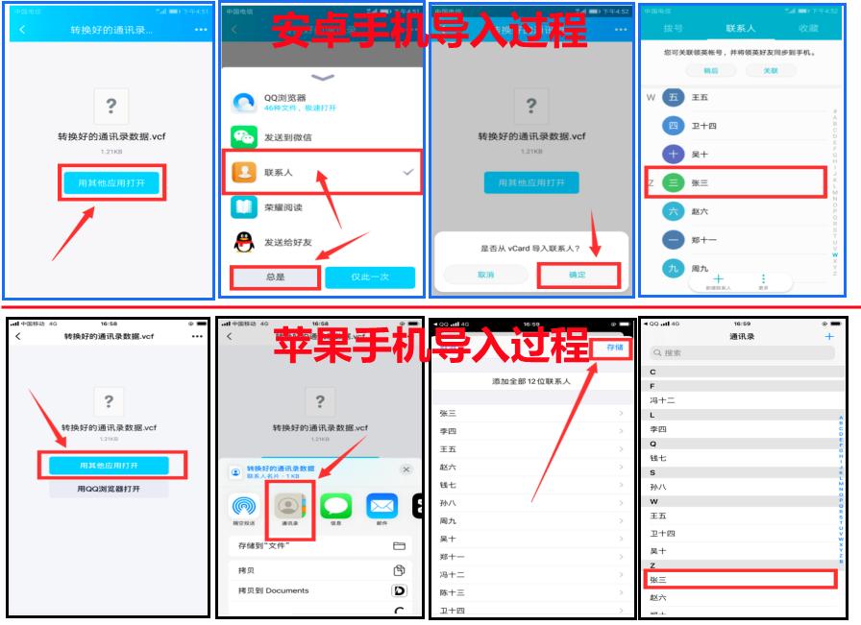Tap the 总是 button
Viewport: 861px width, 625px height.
coord(275,276)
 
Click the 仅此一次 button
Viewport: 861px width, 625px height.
coord(370,276)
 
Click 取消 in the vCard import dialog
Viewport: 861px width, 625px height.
coord(485,275)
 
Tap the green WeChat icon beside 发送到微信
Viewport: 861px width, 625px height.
coord(244,137)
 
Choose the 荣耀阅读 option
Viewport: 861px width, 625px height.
coord(283,207)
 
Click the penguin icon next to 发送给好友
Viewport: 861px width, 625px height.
coord(244,242)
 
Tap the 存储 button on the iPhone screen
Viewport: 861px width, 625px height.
coord(614,348)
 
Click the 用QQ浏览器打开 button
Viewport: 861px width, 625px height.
coord(109,489)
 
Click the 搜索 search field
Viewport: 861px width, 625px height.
coord(740,353)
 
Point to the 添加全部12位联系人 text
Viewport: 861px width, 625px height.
coord(531,381)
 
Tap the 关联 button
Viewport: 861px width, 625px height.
coord(771,70)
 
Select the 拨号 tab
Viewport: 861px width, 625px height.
coord(673,29)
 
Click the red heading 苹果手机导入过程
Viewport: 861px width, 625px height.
coord(430,345)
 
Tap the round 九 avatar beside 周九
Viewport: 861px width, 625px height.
coord(674,268)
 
